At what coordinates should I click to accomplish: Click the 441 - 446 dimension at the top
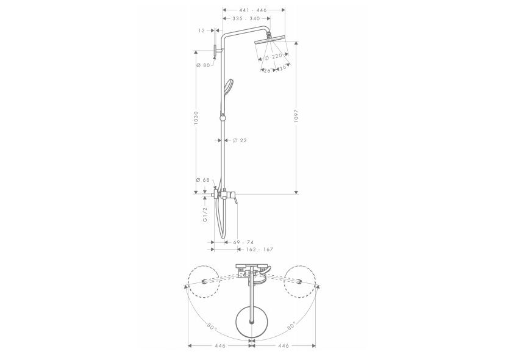click(254, 10)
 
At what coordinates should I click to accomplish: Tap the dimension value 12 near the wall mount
click(201, 30)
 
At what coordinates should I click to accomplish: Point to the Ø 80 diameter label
click(203, 65)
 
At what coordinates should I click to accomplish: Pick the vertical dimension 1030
click(196, 118)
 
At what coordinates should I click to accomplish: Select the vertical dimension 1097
click(296, 117)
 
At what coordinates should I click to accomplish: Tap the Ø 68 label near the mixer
click(203, 180)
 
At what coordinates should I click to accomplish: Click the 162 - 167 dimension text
click(259, 250)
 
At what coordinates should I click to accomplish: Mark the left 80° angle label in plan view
click(211, 328)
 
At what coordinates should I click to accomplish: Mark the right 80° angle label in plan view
click(290, 328)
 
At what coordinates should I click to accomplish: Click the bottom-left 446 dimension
click(220, 346)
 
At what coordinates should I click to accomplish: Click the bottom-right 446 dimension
click(284, 346)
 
